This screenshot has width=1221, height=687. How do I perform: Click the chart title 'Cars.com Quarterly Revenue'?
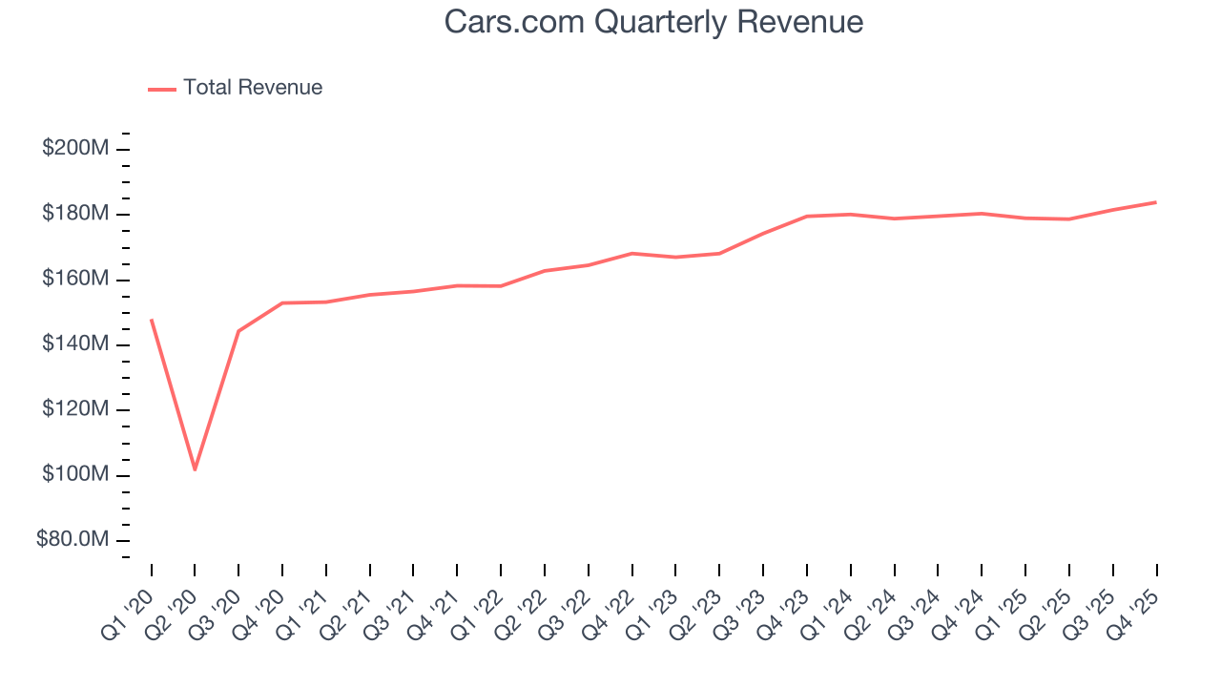[x=653, y=22]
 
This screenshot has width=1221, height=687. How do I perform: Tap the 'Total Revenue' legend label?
[x=253, y=88]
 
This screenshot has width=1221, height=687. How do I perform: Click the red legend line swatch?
[x=162, y=89]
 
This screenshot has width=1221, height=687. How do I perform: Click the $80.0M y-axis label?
[x=72, y=540]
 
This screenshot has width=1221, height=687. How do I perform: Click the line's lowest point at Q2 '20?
[x=195, y=469]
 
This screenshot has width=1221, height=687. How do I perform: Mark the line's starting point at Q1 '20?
[x=152, y=320]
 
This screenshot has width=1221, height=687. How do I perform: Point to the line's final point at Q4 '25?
[x=1156, y=202]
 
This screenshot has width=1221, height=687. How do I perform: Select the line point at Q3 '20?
[x=238, y=331]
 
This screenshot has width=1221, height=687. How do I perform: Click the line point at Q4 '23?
[x=807, y=217]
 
